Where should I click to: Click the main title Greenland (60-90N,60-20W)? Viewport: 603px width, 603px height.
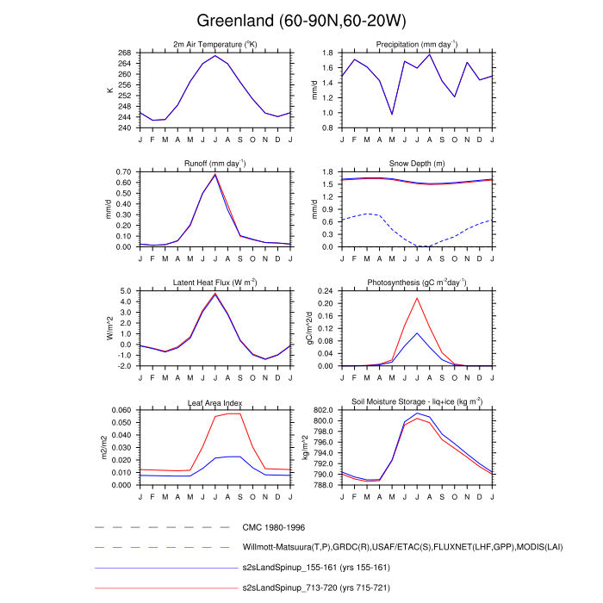[x=301, y=20]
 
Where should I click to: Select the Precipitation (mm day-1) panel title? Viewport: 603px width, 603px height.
[x=417, y=44]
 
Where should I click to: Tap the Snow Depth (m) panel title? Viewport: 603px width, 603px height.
[x=417, y=163]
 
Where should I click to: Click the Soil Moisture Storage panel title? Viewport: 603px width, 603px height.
[x=417, y=401]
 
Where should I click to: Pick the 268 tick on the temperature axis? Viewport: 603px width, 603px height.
[x=125, y=53]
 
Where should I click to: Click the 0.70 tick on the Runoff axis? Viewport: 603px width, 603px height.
[x=123, y=171]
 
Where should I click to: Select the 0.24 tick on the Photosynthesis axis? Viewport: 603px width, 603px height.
[x=326, y=291]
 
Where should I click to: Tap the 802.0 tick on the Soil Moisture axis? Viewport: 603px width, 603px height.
[x=322, y=410]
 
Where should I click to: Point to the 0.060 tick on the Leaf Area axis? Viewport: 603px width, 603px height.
[x=121, y=410]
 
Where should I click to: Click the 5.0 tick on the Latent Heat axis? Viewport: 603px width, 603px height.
[x=127, y=291]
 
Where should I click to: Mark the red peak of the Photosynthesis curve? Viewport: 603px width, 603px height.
[x=418, y=298]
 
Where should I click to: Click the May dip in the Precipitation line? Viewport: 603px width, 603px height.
[x=392, y=114]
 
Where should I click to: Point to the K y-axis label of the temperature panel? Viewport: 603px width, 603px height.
[x=109, y=90]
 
